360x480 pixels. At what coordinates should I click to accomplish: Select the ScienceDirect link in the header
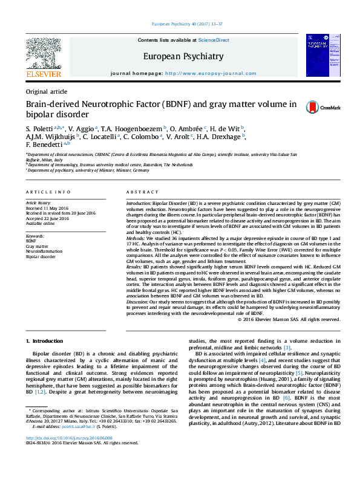214,39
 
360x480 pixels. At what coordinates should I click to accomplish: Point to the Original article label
47,91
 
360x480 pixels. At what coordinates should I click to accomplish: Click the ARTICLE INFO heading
48,191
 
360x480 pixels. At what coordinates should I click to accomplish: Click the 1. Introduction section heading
47,342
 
